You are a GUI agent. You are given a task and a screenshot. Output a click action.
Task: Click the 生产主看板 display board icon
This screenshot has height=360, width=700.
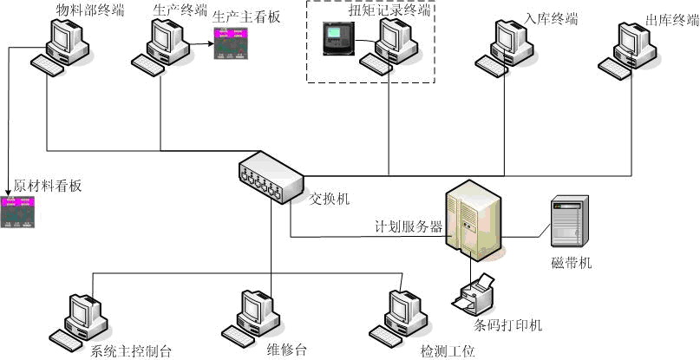232,43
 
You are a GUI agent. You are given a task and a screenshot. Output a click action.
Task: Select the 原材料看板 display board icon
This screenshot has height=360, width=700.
22,212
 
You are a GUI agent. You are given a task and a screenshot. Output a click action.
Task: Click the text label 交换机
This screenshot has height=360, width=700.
330,199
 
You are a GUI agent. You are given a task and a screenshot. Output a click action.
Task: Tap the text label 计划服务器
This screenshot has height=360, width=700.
408,227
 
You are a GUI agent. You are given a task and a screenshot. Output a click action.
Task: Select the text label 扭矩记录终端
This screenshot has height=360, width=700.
389,10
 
